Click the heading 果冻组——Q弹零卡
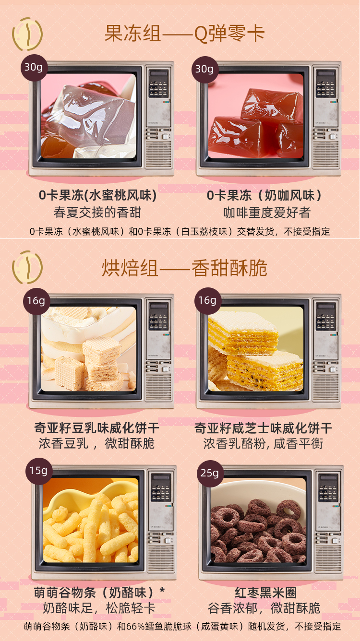(184, 34)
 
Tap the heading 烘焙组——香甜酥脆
(184, 268)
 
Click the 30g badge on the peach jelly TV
(34, 68)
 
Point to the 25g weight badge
(210, 474)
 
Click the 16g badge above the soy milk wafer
(36, 301)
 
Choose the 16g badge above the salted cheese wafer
(208, 301)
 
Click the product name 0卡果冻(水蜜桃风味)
(97, 195)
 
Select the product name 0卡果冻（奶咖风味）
(264, 195)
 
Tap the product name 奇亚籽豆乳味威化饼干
(97, 428)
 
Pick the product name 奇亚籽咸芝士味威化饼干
(263, 428)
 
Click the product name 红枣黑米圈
(265, 593)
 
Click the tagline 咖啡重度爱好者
(267, 213)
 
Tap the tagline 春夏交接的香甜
(97, 213)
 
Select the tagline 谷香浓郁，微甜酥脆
(264, 608)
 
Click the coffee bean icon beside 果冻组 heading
(27, 34)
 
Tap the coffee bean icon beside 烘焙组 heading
(27, 267)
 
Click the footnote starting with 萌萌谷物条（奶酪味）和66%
(182, 627)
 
